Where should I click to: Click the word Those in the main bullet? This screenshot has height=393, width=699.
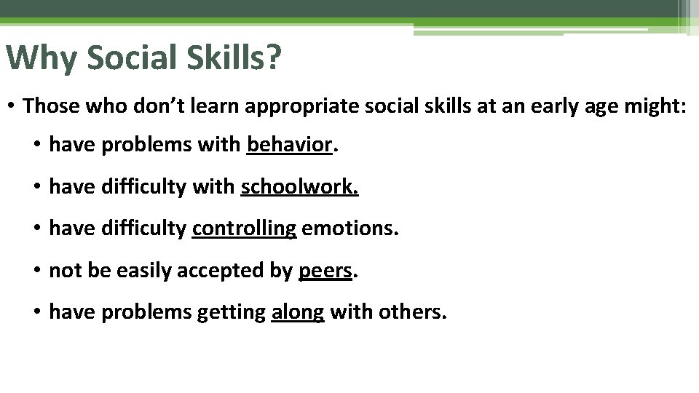pyautogui.click(x=50, y=106)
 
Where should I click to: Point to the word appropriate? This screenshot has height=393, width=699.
pyautogui.click(x=291, y=106)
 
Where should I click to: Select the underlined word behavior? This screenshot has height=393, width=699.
pyautogui.click(x=289, y=146)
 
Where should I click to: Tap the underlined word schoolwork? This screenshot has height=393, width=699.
pyautogui.click(x=299, y=188)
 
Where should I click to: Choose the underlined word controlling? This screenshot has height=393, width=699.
pyautogui.click(x=244, y=230)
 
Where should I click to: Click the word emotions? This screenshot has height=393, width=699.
pyautogui.click(x=349, y=230)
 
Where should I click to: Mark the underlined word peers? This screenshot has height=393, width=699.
pyautogui.click(x=325, y=271)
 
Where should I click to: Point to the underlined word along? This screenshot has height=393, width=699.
pyautogui.click(x=297, y=313)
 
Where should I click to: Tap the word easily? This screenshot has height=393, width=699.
pyautogui.click(x=147, y=271)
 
